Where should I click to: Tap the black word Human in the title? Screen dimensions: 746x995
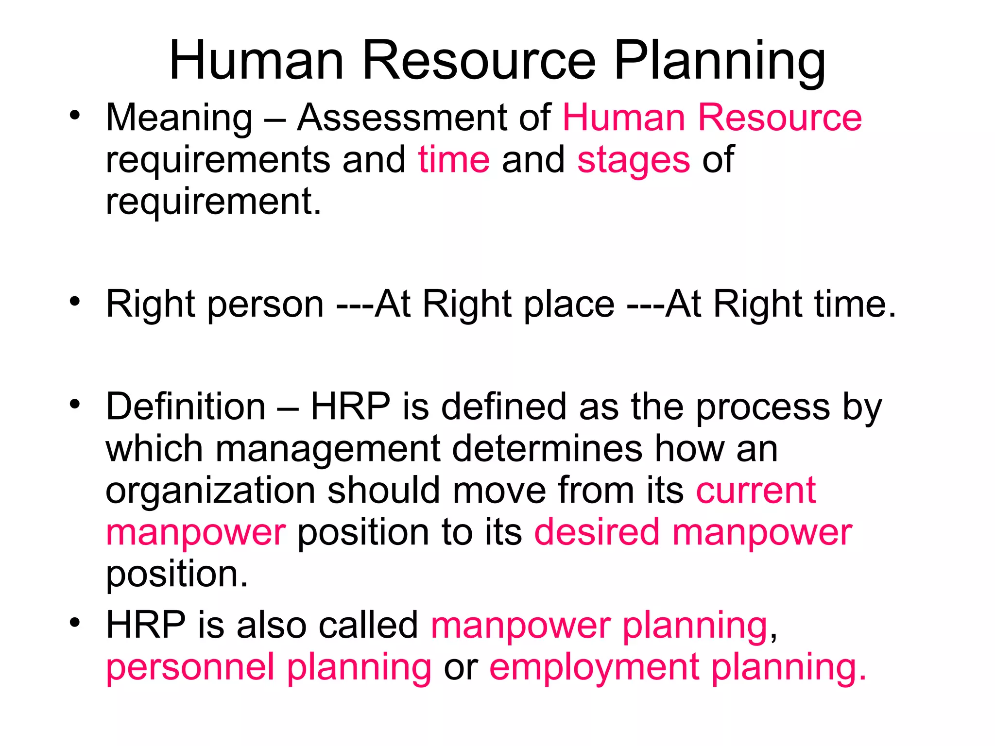point(257,61)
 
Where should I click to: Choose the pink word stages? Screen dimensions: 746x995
point(634,160)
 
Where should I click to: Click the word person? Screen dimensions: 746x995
point(266,305)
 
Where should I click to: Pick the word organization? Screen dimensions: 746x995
point(210,491)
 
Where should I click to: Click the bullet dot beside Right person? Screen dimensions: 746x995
point(74,302)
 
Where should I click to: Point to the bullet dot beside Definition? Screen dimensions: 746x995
point(74,404)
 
